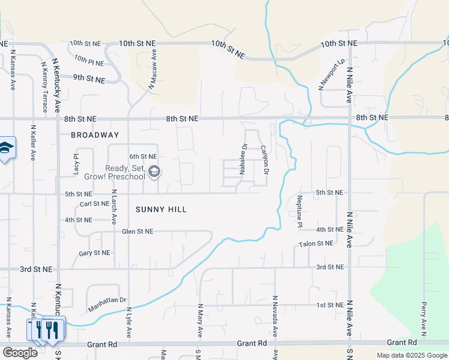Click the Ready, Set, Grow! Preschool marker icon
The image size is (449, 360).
click(x=154, y=173)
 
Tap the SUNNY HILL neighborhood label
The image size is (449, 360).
click(x=161, y=209)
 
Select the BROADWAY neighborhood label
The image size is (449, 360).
click(x=95, y=135)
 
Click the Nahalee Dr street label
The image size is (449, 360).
click(x=244, y=158)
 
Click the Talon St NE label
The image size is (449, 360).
click(x=316, y=244)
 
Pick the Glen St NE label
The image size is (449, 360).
click(x=137, y=231)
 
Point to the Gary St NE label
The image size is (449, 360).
click(x=94, y=253)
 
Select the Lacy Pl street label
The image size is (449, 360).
click(x=76, y=164)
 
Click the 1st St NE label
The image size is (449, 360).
click(x=330, y=305)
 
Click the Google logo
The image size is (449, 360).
click(x=20, y=352)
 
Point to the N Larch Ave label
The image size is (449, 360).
click(x=114, y=207)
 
